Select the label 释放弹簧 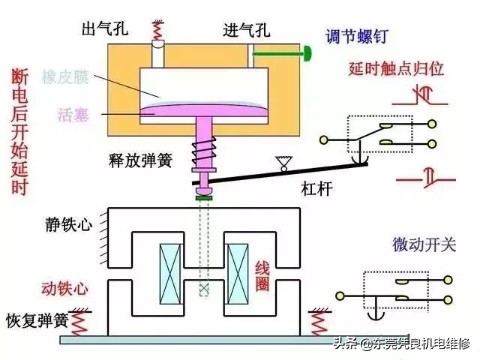point(138,160)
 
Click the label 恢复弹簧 point(36,322)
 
